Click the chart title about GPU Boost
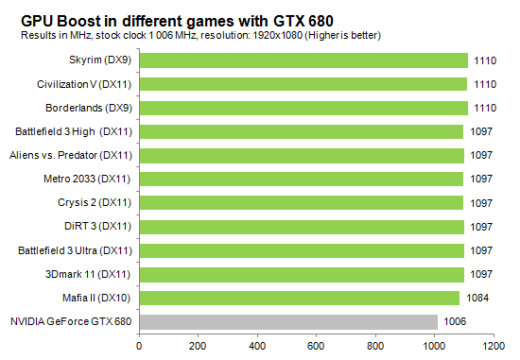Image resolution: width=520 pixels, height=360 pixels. point(174,18)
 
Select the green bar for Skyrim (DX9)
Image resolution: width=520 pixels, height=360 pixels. point(303,60)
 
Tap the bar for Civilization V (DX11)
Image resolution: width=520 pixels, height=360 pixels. point(303,84)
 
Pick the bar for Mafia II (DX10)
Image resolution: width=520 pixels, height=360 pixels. point(300,298)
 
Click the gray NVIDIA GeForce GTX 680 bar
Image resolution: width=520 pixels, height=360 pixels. point(288,321)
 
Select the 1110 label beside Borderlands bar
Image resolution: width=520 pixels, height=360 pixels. point(484,109)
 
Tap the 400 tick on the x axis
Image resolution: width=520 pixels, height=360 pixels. point(258,346)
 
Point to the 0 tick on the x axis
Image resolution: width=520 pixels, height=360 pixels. point(140,346)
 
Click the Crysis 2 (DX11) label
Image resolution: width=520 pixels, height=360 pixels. point(95,203)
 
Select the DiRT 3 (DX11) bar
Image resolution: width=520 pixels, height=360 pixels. point(302,227)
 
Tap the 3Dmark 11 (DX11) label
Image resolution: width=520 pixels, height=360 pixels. point(93,274)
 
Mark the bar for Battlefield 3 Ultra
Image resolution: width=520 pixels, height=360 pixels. point(302,250)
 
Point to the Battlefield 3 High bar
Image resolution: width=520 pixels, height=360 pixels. point(302,131)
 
